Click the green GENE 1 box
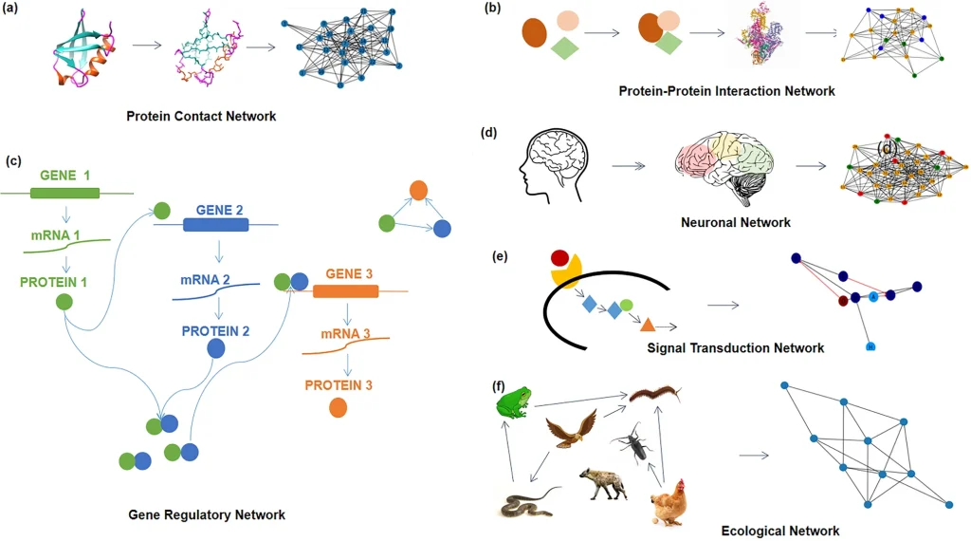coord(64,193)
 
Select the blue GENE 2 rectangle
coord(216,225)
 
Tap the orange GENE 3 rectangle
coord(345,290)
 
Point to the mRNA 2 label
coord(207,280)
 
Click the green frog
coord(514,402)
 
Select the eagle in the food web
coord(574,429)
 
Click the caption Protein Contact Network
coord(201,117)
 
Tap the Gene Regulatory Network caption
coord(207,514)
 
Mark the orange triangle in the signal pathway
coord(648,325)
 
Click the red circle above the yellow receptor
coord(560,258)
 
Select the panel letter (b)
coord(493,9)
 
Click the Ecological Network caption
coord(779,531)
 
